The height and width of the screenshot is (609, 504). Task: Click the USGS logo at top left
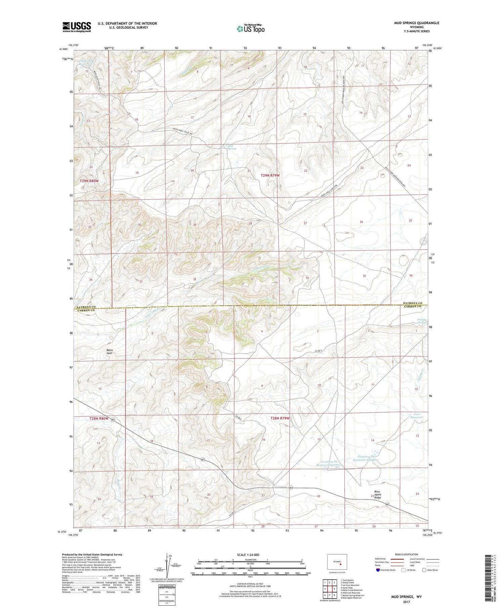(77, 27)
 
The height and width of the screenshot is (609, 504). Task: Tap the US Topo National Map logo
(250, 29)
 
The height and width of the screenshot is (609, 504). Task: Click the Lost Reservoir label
(417, 416)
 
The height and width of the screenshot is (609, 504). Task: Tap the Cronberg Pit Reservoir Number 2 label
(329, 464)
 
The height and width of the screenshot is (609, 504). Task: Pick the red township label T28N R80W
(99, 418)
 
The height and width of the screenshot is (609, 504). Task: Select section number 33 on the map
(252, 279)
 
